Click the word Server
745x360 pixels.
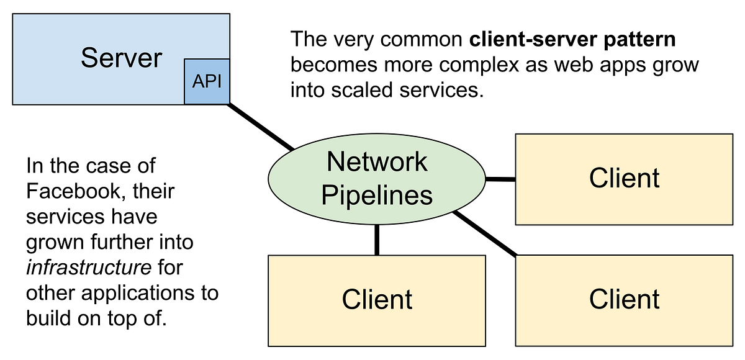[121, 58]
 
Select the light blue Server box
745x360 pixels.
[93, 81]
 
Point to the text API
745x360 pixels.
[207, 82]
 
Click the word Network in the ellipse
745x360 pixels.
[377, 162]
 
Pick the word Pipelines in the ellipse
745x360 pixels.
[377, 195]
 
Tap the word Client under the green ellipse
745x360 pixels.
[377, 299]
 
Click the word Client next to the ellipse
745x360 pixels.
[624, 178]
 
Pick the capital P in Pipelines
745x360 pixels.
[328, 195]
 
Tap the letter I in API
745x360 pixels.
[220, 82]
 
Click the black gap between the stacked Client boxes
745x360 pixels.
[624, 239]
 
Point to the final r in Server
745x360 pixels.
[158, 60]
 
